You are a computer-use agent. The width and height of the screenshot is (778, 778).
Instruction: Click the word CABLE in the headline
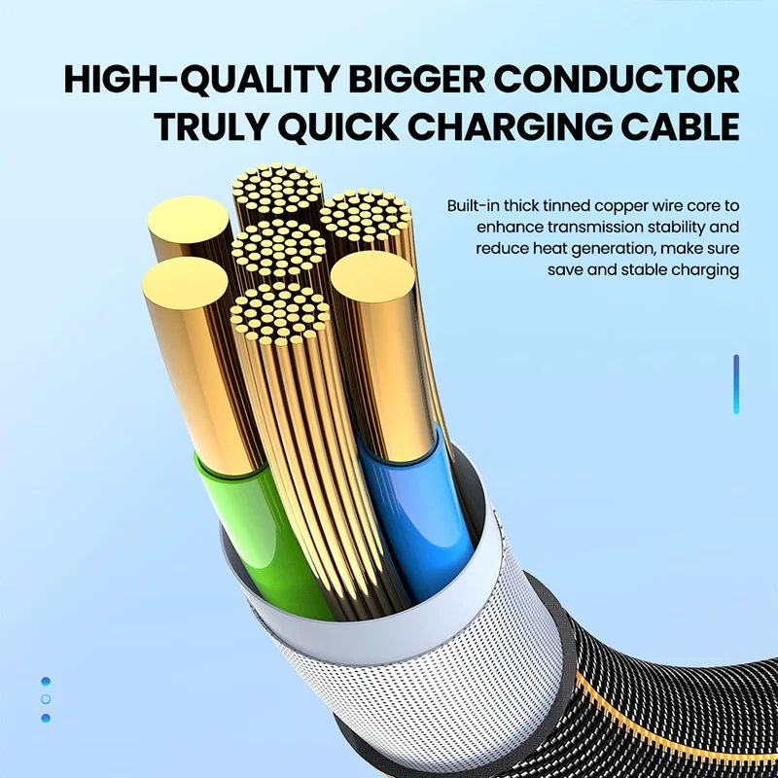point(676,128)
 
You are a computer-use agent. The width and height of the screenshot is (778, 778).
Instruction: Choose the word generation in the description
point(625,249)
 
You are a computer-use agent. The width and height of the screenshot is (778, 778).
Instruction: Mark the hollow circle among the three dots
point(46,699)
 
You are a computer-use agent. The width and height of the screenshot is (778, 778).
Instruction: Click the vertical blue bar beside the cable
point(736,384)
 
